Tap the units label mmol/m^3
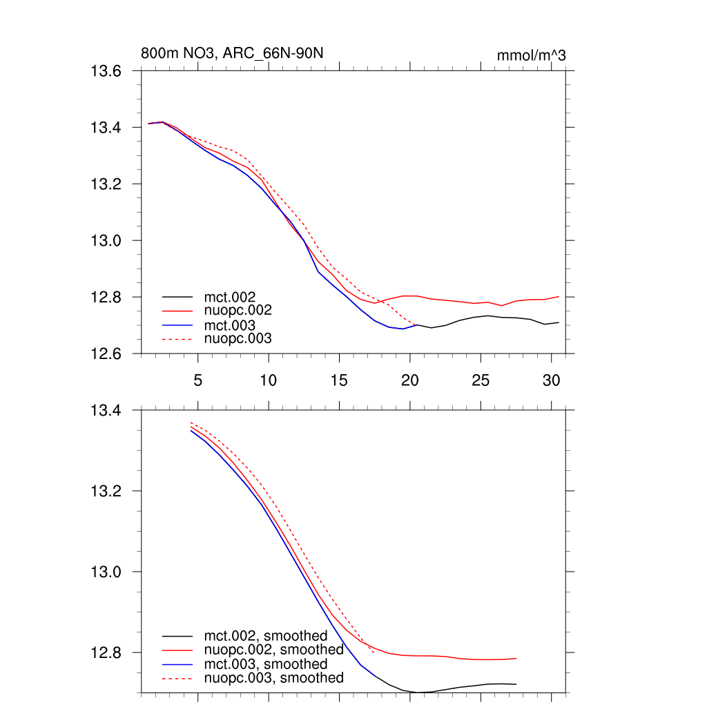531,55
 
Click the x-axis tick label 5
198,380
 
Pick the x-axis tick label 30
551,380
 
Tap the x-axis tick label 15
339,380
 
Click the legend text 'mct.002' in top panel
235,297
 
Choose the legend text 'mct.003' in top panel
235,325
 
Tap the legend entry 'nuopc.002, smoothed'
273,650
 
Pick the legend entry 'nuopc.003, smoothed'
273,678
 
